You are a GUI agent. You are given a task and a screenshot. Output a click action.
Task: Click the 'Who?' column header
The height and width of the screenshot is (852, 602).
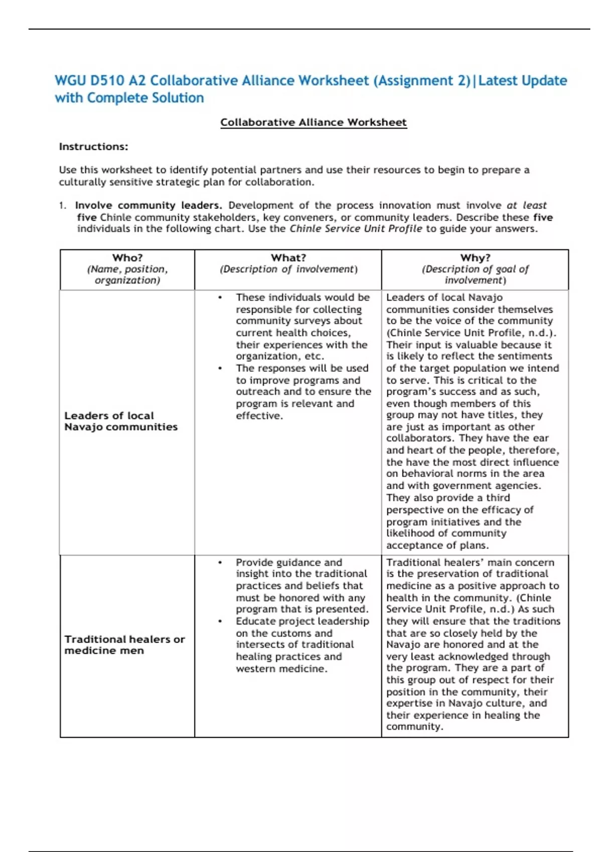coord(127,258)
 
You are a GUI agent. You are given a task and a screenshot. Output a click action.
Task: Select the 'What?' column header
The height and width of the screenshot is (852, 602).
coord(288,258)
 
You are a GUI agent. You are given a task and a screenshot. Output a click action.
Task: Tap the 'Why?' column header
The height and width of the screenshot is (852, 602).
coord(475,258)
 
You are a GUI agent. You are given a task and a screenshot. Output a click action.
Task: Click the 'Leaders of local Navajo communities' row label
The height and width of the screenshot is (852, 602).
coord(121,421)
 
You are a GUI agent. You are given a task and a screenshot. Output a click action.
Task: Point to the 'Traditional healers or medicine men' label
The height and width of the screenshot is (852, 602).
coord(124,645)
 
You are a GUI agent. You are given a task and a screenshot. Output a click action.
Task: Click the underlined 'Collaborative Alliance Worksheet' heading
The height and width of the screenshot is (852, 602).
coord(314,122)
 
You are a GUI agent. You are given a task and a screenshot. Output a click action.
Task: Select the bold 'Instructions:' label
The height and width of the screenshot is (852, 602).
coord(93,146)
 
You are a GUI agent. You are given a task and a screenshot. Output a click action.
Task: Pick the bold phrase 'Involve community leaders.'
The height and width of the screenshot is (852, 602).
coord(148,205)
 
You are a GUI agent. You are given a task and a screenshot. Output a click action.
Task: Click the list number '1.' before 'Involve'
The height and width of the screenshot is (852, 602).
coord(62,205)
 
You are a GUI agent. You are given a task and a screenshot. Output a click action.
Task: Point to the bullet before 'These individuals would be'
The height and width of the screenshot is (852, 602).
coord(220,298)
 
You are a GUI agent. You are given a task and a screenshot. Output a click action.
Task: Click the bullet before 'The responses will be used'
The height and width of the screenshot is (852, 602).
coord(220,368)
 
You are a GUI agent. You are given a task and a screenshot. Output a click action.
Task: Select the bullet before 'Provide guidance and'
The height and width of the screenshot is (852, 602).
coord(220,563)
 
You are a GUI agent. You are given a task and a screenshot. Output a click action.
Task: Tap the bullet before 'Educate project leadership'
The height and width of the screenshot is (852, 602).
coord(220,621)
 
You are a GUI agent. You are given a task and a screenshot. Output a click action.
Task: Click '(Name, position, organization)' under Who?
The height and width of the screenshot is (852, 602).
coord(127,275)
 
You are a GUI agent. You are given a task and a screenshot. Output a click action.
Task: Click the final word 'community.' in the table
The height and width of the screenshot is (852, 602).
coord(414,727)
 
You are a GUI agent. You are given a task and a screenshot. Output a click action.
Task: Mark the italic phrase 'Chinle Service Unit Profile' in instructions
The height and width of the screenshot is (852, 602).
coord(356,229)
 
